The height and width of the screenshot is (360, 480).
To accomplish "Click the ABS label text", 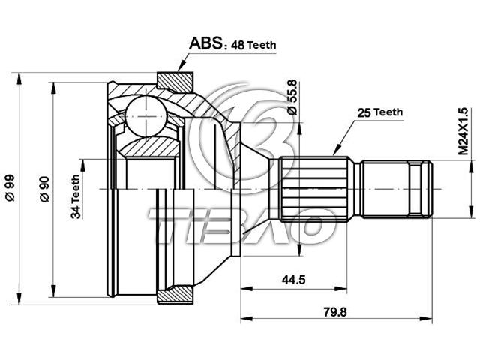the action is click(x=205, y=43).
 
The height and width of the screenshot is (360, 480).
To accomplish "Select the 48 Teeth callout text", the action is click(x=253, y=45).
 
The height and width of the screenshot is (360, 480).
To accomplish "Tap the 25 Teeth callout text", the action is click(x=380, y=112).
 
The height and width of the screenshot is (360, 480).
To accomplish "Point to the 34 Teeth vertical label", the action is click(x=76, y=196).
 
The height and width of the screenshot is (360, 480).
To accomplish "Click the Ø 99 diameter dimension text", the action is click(x=10, y=188).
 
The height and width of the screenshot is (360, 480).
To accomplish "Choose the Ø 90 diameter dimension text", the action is click(x=45, y=189).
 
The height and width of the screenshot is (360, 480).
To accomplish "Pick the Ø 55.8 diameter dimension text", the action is click(x=292, y=97).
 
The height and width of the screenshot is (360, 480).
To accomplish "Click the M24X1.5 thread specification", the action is click(x=463, y=131).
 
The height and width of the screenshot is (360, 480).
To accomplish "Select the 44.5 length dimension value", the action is click(x=293, y=280).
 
